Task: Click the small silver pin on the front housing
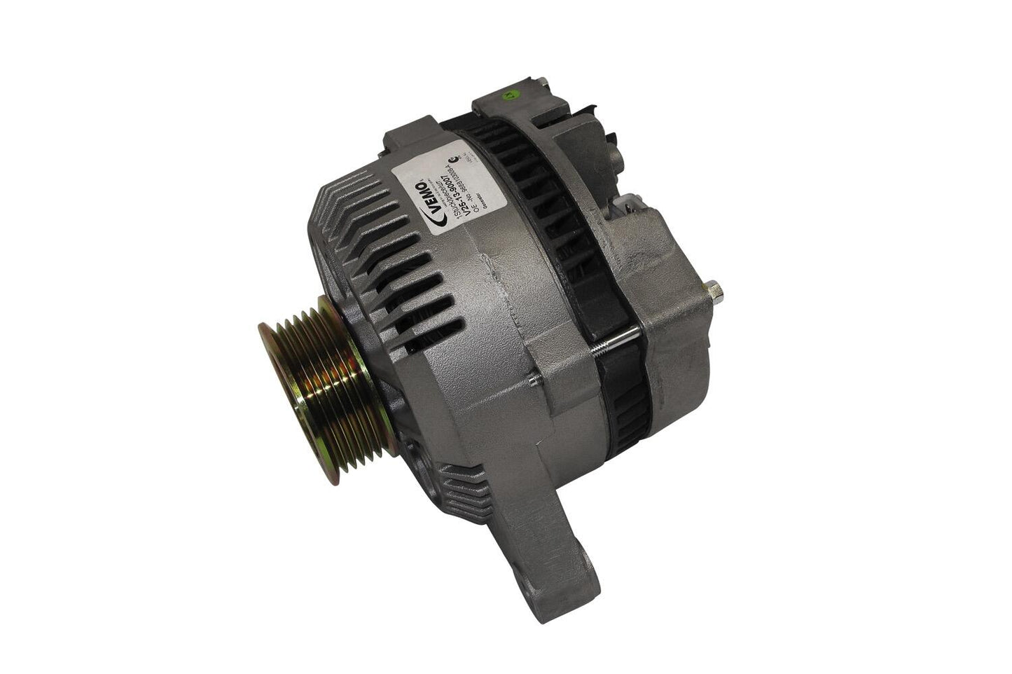point(534,383)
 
